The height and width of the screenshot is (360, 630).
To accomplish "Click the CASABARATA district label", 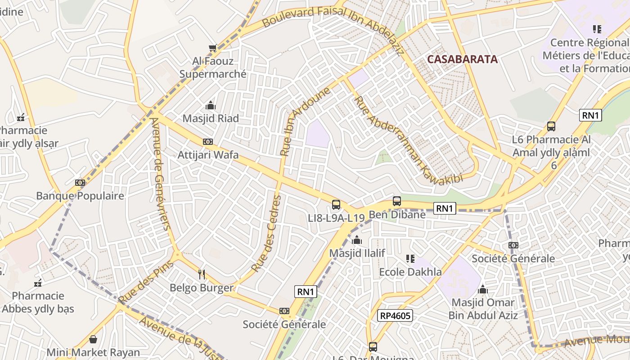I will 462,59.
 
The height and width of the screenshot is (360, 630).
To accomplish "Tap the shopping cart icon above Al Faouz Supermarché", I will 213,48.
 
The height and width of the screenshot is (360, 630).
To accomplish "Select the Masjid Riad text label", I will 210,118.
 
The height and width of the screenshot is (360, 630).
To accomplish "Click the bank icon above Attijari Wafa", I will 207,142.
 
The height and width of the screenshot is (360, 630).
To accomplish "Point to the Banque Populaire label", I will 80,196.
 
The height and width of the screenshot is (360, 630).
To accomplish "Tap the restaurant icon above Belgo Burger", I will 202,274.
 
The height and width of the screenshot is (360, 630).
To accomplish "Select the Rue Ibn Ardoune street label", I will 305,121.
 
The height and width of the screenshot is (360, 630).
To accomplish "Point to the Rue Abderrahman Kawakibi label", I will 408,140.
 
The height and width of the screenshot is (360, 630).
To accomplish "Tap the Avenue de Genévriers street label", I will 161,173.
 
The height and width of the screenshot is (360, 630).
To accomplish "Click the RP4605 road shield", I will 395,315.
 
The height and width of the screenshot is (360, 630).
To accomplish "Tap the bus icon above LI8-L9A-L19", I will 336,205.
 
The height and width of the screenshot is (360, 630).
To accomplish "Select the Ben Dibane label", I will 397,214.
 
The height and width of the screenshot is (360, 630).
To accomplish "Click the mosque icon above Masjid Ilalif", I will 357,240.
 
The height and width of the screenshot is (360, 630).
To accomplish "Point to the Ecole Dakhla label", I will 410,272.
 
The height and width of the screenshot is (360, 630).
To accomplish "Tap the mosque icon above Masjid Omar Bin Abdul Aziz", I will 483,289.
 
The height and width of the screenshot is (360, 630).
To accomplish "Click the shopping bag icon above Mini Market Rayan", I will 93,339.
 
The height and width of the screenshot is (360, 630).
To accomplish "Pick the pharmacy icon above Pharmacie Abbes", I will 38,283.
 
